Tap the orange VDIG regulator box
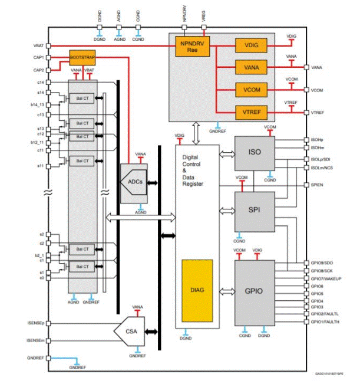coord(252,45)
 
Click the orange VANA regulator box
coord(252,67)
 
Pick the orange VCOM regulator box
coord(252,89)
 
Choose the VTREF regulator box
coord(252,111)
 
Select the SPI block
coord(253,210)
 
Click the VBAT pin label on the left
coord(39,46)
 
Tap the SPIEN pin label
coord(318,185)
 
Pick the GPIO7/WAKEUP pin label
coord(325,278)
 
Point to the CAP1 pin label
coord(39,57)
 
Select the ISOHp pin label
coord(318,140)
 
